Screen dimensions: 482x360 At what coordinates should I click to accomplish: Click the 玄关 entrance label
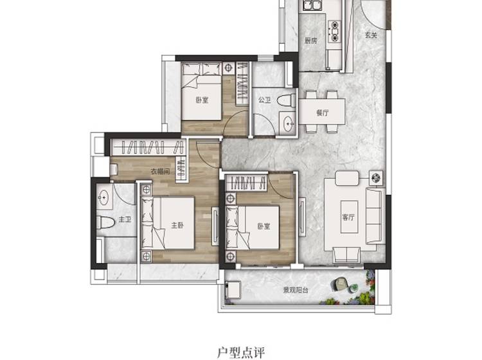[371, 35]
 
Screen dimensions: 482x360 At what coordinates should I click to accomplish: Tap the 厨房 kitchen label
[310, 40]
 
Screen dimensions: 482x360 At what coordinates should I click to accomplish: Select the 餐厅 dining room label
[322, 113]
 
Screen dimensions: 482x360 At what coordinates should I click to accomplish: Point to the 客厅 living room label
[348, 217]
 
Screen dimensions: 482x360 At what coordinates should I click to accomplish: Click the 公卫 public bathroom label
[264, 100]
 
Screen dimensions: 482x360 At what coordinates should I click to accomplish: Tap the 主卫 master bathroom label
[125, 219]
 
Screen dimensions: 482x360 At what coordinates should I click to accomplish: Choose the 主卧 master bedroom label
[177, 226]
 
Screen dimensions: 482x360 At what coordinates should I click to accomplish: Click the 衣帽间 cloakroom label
[160, 171]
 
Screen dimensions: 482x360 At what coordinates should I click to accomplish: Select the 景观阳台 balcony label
[296, 290]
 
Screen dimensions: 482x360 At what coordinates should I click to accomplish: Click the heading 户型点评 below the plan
[241, 352]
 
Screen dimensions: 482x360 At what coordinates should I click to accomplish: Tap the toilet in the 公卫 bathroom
[286, 100]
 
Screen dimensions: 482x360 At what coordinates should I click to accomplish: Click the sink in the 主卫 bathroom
[103, 197]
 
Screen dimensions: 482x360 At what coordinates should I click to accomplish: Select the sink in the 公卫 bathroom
[289, 123]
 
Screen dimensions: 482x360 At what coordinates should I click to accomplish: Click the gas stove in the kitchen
[334, 31]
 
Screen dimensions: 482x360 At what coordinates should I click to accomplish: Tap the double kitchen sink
[312, 5]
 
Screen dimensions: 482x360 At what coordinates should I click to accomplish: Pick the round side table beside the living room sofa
[376, 177]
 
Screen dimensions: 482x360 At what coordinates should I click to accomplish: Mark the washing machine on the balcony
[233, 289]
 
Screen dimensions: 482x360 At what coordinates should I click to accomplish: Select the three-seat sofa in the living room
[375, 216]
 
